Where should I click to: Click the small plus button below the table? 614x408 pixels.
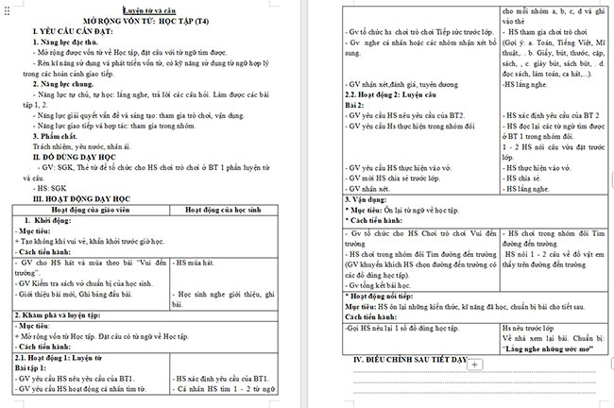click(475, 365)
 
